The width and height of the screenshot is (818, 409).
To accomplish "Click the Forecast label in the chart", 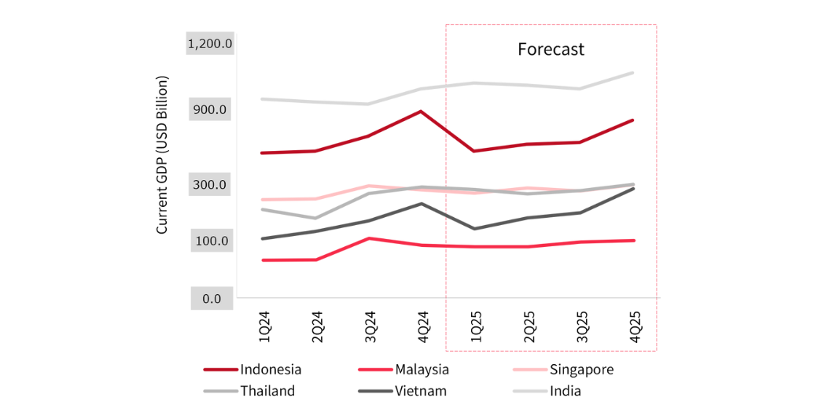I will click(551, 50).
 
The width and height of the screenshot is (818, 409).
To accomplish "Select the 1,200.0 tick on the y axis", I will click(209, 43).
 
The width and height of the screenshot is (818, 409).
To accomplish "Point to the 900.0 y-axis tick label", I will click(209, 109).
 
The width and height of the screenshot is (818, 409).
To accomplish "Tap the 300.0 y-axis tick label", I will click(209, 185).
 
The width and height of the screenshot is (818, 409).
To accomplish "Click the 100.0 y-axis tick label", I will click(209, 241).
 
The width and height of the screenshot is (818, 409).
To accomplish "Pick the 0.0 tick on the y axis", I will click(209, 299).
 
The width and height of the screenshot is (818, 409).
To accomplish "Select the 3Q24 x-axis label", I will click(370, 324).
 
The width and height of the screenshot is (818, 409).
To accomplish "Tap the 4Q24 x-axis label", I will click(422, 324).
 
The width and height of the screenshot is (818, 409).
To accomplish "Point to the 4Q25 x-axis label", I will click(633, 324).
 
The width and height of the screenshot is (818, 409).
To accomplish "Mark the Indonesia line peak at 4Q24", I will click(422, 111).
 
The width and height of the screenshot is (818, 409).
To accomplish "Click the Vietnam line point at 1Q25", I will click(474, 229).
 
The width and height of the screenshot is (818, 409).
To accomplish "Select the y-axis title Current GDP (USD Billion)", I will click(162, 155).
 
